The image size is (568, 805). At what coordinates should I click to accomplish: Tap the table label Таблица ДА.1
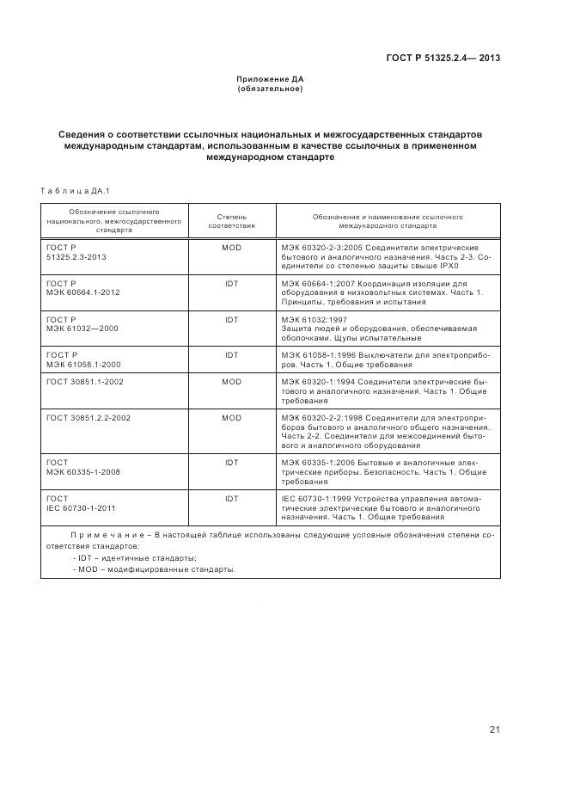coord(70,190)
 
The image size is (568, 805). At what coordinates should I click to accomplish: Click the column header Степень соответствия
coord(231,221)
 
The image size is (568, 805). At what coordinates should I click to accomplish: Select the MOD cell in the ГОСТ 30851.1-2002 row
coord(231,382)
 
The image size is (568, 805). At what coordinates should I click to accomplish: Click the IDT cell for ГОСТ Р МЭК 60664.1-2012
coord(231,283)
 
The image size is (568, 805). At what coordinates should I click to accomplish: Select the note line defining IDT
coord(135,557)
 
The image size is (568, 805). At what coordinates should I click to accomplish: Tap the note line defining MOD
coord(154,569)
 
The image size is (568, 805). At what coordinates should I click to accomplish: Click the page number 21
coord(494,730)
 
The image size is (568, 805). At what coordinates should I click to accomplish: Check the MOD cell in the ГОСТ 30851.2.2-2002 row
coord(231,417)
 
